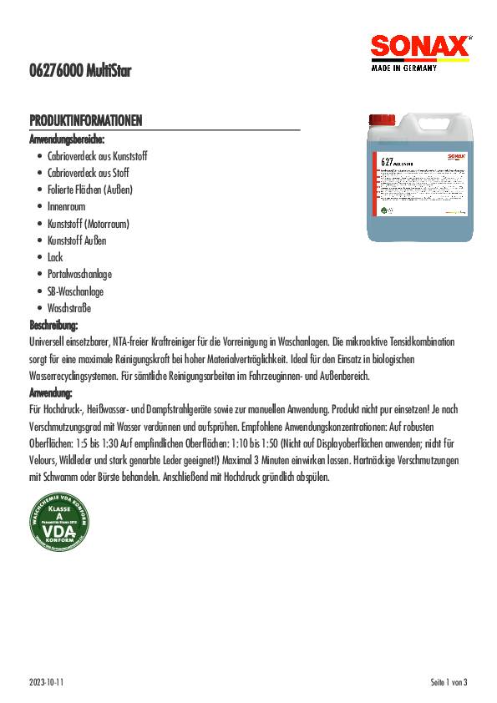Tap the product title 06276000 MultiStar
click(x=81, y=73)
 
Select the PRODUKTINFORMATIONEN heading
click(x=86, y=122)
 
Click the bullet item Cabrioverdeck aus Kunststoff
click(x=97, y=156)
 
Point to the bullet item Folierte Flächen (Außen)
click(x=90, y=190)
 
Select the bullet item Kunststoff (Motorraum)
click(x=89, y=224)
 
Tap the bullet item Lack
click(x=55, y=257)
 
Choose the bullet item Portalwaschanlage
click(x=79, y=274)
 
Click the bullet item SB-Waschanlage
click(x=75, y=291)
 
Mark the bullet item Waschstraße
click(x=68, y=308)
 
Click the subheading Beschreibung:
click(x=53, y=325)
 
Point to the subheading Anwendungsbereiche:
click(x=68, y=139)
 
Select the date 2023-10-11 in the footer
click(x=46, y=682)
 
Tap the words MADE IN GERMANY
click(x=403, y=69)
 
